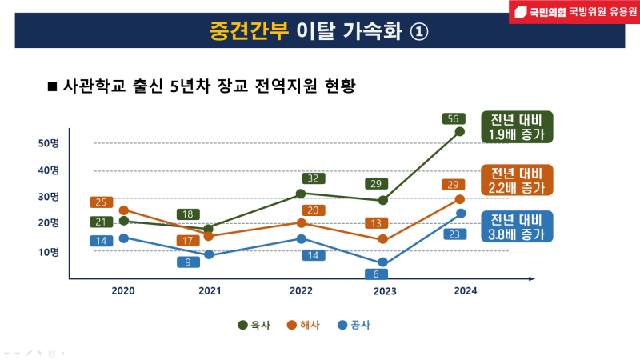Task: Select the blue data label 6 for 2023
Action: click(x=375, y=274)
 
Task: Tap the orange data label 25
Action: click(x=102, y=202)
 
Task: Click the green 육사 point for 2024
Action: click(x=460, y=131)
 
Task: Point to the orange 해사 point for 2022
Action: click(x=301, y=223)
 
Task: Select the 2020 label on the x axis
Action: click(x=123, y=291)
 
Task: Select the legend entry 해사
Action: click(x=303, y=325)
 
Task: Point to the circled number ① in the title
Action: click(x=420, y=30)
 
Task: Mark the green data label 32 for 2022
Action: click(x=314, y=178)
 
